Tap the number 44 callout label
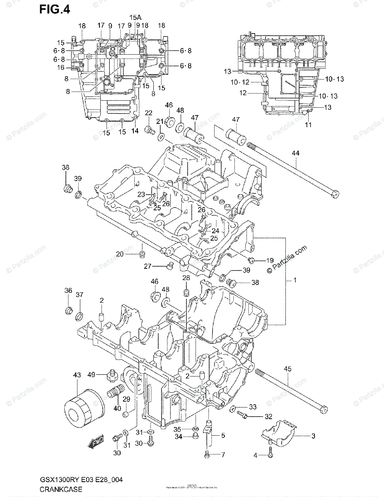(x=295, y=153)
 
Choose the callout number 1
(x=295, y=280)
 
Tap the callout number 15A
(x=135, y=17)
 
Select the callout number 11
(x=308, y=125)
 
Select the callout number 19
(x=270, y=261)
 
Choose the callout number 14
(x=135, y=131)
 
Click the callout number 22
(x=149, y=113)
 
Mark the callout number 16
(x=61, y=67)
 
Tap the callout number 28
(x=186, y=278)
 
